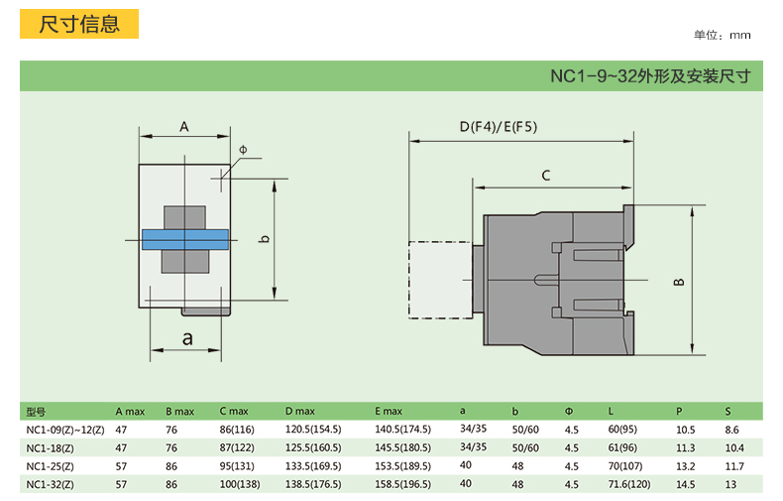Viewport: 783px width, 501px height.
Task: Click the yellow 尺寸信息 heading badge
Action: pos(79,24)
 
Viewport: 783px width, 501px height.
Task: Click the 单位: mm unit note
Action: pos(723,35)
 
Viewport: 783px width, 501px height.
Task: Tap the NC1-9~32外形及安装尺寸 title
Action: pos(650,76)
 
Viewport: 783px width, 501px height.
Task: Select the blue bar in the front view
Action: pos(185,239)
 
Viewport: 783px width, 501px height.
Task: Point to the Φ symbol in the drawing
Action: pos(243,150)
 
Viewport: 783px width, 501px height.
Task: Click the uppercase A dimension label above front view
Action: pos(184,127)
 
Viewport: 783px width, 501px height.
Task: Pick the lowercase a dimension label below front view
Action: pos(187,339)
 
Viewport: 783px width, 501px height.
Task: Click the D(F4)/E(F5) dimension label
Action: pos(499,127)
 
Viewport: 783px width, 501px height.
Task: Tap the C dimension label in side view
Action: pos(546,176)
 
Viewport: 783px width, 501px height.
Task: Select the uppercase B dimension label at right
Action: pos(679,282)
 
